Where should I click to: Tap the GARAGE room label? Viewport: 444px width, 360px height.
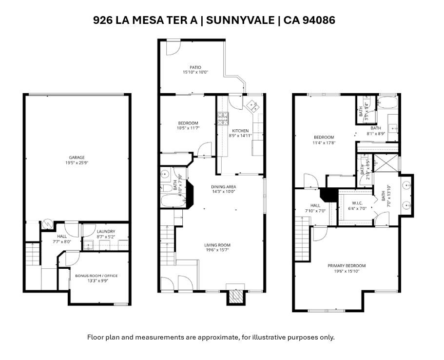coord(77,158)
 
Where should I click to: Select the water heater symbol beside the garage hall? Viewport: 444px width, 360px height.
coord(47,224)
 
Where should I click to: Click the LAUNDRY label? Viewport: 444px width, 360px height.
coord(105,231)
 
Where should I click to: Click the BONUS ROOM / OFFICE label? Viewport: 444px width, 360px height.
coord(96,276)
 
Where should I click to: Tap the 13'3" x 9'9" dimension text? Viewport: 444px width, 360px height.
coord(96,281)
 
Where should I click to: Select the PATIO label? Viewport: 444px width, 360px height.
coord(195,67)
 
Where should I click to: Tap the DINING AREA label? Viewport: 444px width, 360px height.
coord(223,187)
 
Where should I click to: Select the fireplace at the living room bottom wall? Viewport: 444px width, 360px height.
coord(235,296)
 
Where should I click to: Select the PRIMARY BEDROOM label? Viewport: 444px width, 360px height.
coord(346,266)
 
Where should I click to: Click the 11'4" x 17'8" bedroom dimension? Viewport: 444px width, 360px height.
coord(324,143)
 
